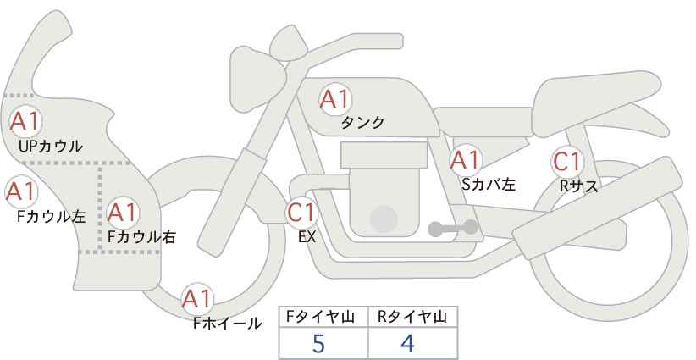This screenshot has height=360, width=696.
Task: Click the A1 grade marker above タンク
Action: [335, 99]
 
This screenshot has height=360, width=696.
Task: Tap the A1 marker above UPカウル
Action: [25, 122]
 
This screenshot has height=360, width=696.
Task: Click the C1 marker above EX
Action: [301, 212]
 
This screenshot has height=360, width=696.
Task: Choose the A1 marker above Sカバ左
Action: [465, 160]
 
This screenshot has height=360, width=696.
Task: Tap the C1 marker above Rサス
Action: [566, 162]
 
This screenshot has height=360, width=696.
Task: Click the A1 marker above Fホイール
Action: [197, 299]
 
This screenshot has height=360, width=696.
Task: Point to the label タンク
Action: [362, 123]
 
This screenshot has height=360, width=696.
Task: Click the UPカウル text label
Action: [51, 146]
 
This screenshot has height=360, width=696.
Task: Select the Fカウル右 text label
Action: [142, 237]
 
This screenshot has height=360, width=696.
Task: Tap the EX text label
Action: [307, 237]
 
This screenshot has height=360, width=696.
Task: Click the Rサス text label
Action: [579, 186]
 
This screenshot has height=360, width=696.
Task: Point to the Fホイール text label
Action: [227, 324]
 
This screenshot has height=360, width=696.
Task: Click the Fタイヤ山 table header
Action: [320, 317]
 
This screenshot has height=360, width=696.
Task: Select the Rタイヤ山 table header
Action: [412, 317]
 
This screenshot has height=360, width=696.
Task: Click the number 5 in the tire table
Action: [318, 343]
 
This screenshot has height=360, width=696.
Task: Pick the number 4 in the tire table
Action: [407, 343]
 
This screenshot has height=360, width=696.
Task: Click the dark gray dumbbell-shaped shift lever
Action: [453, 228]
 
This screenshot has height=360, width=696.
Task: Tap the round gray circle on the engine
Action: [384, 219]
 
